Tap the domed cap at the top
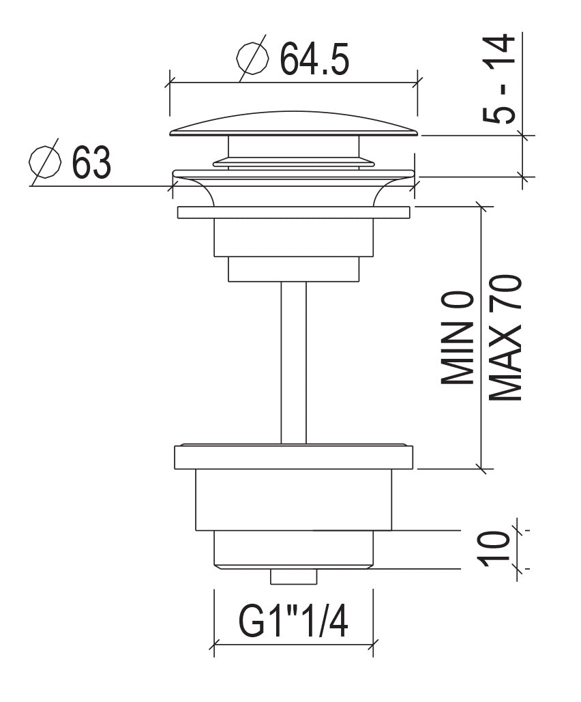click(x=293, y=123)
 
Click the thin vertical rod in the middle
click(x=293, y=362)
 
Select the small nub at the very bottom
click(x=293, y=576)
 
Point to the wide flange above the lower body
click(x=293, y=457)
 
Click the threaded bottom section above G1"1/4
click(x=293, y=549)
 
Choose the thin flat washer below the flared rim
click(x=293, y=212)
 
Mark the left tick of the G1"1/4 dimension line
click(x=214, y=644)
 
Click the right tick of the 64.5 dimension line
click(x=417, y=83)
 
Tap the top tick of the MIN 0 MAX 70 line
click(x=482, y=206)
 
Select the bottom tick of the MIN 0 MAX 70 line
click(x=482, y=469)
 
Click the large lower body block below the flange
click(x=293, y=499)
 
